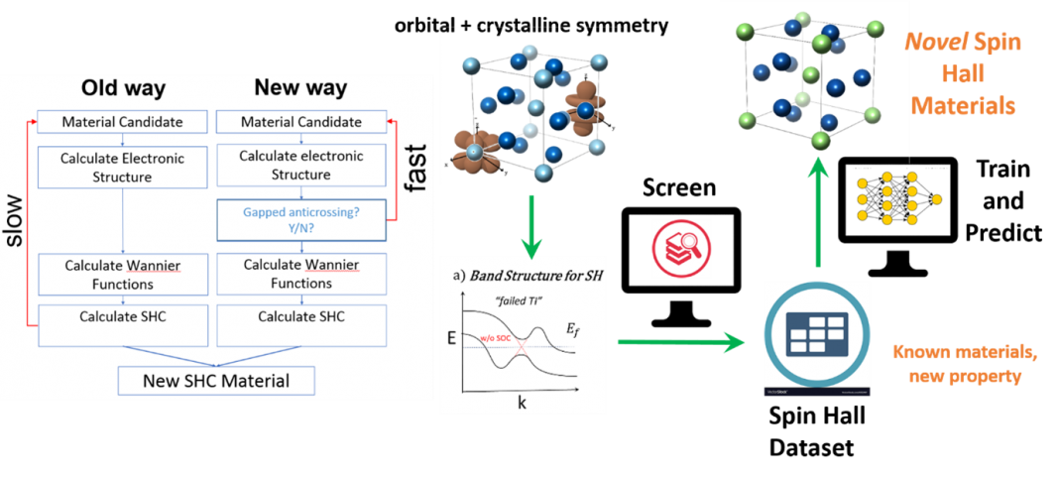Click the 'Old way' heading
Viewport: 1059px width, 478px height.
point(123,88)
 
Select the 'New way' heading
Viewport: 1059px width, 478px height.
point(300,87)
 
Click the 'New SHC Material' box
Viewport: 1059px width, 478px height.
point(216,380)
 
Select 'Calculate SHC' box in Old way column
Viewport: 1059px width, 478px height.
point(122,316)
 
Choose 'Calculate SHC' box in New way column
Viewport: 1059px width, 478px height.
point(300,316)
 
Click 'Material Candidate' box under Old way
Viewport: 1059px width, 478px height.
point(122,122)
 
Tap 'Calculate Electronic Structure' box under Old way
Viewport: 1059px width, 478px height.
point(122,166)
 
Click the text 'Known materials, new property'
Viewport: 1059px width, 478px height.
point(960,364)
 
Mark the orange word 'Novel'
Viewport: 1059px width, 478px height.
point(927,45)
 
